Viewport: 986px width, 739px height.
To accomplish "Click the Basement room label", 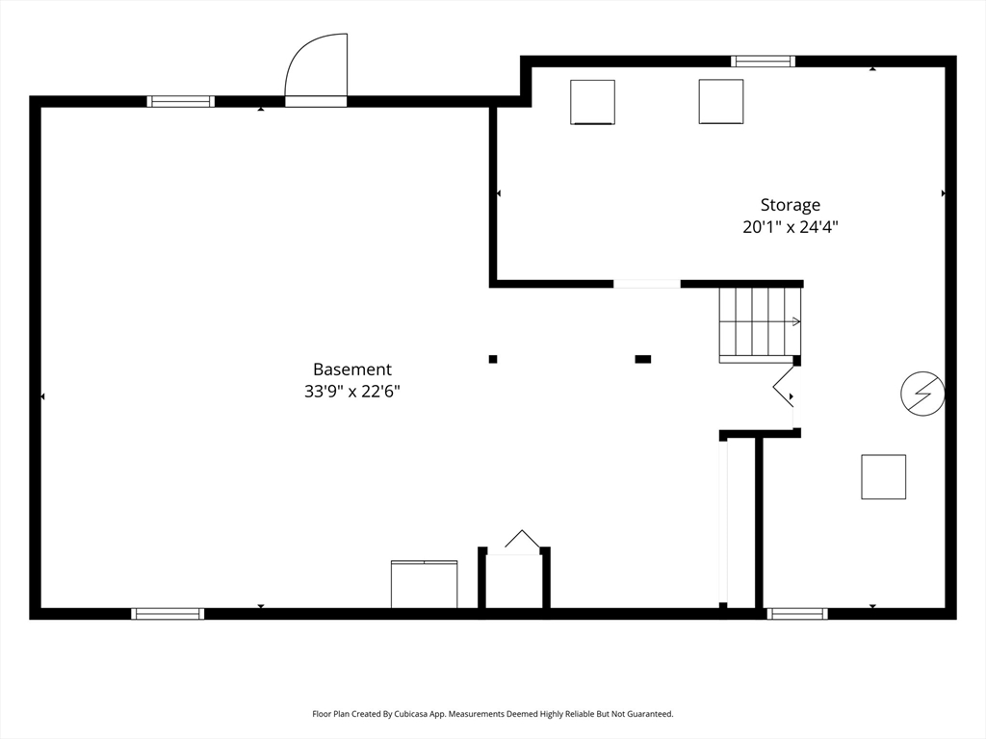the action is pos(352,369).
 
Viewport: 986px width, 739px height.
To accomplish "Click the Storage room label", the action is pos(791,205).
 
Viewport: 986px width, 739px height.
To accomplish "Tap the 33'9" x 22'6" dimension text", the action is pos(352,392).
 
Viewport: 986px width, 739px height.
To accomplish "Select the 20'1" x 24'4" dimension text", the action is pos(791,227).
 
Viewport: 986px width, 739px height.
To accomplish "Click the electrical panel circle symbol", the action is pos(922,394).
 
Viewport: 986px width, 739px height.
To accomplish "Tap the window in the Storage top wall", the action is pos(763,61).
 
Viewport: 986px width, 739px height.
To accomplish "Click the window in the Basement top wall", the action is pos(181,101).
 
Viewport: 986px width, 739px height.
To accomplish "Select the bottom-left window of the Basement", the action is pos(168,613).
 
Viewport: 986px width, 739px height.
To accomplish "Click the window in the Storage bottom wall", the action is pos(797,613).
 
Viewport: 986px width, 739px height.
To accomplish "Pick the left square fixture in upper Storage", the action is pos(592,102).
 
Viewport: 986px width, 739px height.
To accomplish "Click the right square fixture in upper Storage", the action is pos(721,101).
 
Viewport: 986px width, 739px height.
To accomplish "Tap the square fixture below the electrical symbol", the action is pos(884,477).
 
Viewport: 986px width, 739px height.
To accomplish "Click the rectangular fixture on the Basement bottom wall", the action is pos(425,584).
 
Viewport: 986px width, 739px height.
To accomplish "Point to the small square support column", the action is pos(493,360).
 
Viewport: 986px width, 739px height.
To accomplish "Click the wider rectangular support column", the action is pos(642,360).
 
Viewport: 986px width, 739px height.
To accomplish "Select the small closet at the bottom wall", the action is pos(514,578).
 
